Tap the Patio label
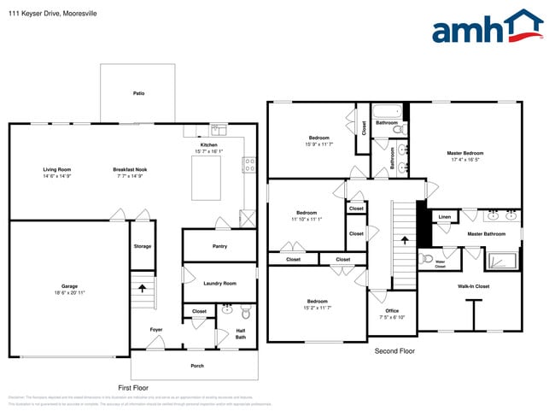(x=138, y=93)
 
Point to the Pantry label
(x=219, y=246)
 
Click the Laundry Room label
(x=219, y=283)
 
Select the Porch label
(x=196, y=365)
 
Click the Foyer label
(x=156, y=329)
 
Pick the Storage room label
(x=142, y=246)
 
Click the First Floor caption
(x=135, y=387)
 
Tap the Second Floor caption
(x=394, y=351)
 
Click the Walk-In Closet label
(x=473, y=286)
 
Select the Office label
(x=392, y=311)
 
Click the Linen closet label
(x=444, y=217)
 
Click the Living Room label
(x=57, y=169)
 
